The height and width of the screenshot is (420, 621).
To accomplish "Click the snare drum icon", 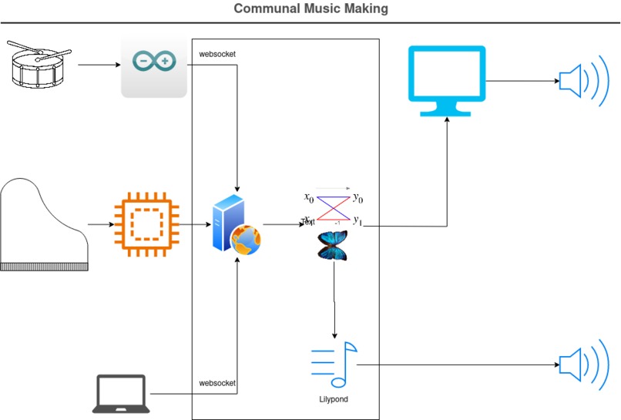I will pyautogui.click(x=39, y=64).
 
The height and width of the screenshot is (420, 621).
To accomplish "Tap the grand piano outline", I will pyautogui.click(x=44, y=224).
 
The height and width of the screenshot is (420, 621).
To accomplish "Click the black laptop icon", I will pyautogui.click(x=121, y=393).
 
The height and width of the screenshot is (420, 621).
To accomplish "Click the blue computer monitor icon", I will pyautogui.click(x=447, y=80).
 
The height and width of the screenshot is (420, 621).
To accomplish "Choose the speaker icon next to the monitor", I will pyautogui.click(x=578, y=80).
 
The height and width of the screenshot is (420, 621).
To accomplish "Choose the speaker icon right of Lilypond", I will pyautogui.click(x=578, y=365).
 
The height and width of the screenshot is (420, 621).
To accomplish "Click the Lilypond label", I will pyautogui.click(x=334, y=399).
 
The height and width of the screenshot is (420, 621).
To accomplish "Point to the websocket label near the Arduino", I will pyautogui.click(x=217, y=55).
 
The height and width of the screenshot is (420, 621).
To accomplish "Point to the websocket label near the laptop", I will pyautogui.click(x=217, y=382).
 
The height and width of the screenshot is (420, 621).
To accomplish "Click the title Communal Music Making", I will pyautogui.click(x=310, y=9).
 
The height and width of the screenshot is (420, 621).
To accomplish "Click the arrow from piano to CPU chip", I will pyautogui.click(x=100, y=225).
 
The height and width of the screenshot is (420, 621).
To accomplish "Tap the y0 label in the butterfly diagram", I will pyautogui.click(x=357, y=199).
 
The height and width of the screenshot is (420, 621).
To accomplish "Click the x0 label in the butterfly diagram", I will pyautogui.click(x=309, y=197).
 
